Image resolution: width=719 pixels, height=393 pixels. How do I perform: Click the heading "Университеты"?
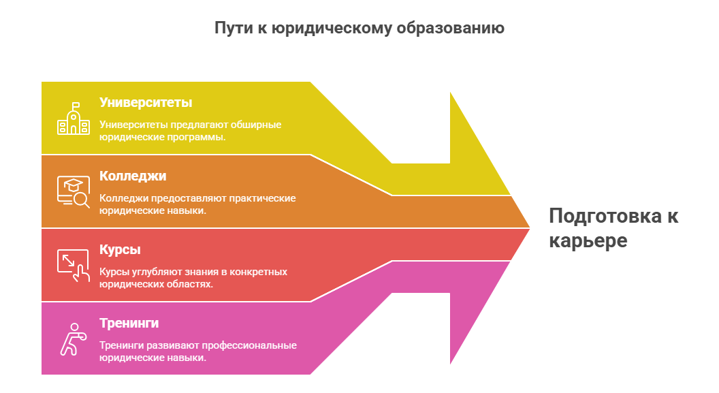146,103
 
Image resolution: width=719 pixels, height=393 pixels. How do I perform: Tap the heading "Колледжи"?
133,176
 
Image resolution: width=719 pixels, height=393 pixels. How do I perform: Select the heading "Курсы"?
120,249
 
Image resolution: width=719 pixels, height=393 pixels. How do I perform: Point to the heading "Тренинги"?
129,323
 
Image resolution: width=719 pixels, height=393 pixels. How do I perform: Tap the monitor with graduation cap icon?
73,191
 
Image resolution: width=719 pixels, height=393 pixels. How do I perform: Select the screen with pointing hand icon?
73,264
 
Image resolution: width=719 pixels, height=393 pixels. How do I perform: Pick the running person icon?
71,339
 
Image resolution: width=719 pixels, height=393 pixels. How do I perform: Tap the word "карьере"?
588,241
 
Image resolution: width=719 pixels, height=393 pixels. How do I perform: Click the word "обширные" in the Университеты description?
256,125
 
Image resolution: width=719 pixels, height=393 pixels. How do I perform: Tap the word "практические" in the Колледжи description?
262,198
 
